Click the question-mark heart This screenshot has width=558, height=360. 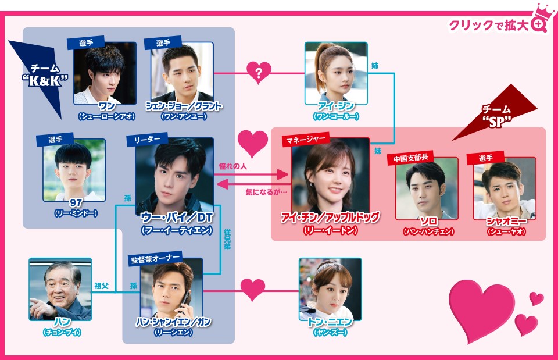click(x=259, y=73)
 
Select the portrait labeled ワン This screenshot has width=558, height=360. click(x=105, y=73)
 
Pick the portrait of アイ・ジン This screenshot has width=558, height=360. click(x=336, y=73)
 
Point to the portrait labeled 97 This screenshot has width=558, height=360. click(x=74, y=170)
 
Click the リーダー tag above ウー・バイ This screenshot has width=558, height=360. click(x=147, y=140)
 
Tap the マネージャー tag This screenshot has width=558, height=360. click(x=306, y=140)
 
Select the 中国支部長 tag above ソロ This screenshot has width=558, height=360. click(x=410, y=158)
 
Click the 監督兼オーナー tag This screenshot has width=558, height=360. click(x=155, y=259)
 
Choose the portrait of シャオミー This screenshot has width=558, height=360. click(x=505, y=189)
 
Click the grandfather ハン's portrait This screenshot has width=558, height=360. click(x=60, y=289)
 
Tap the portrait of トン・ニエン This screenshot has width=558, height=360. click(x=330, y=289)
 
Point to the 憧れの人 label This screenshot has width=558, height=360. click(x=233, y=166)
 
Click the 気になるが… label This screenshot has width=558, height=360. click(x=266, y=193)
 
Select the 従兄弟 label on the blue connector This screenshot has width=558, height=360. click(x=227, y=239)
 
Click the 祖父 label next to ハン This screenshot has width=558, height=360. click(x=101, y=286)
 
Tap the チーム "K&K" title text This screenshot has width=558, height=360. click(x=45, y=75)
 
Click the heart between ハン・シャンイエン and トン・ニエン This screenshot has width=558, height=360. click(x=253, y=290)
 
